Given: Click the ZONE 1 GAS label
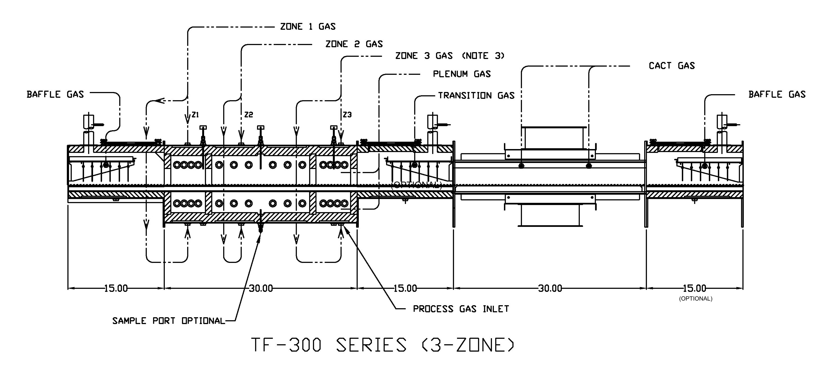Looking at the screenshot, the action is coord(308,26).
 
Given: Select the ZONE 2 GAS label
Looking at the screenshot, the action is coord(354,44).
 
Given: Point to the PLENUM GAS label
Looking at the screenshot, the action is coord(462,74).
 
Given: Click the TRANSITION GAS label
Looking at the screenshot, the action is coord(476,96).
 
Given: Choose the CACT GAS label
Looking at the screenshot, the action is coord(672,66).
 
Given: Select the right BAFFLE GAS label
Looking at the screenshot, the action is coord(777,94).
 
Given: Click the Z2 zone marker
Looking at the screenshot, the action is coord(249,114).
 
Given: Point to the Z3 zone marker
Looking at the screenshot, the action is coord(347,114).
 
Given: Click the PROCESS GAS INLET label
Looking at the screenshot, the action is coord(461,309).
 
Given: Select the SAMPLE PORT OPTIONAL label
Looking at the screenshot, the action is coord(168,321).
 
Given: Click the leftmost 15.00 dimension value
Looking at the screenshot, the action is coord(116,288).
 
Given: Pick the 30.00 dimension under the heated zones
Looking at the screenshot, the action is coord(261,288).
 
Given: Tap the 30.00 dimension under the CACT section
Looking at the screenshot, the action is coord(550,288).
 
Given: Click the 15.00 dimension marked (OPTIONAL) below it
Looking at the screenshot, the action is coord(694,288).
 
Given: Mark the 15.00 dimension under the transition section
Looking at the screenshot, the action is coord(405,288).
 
